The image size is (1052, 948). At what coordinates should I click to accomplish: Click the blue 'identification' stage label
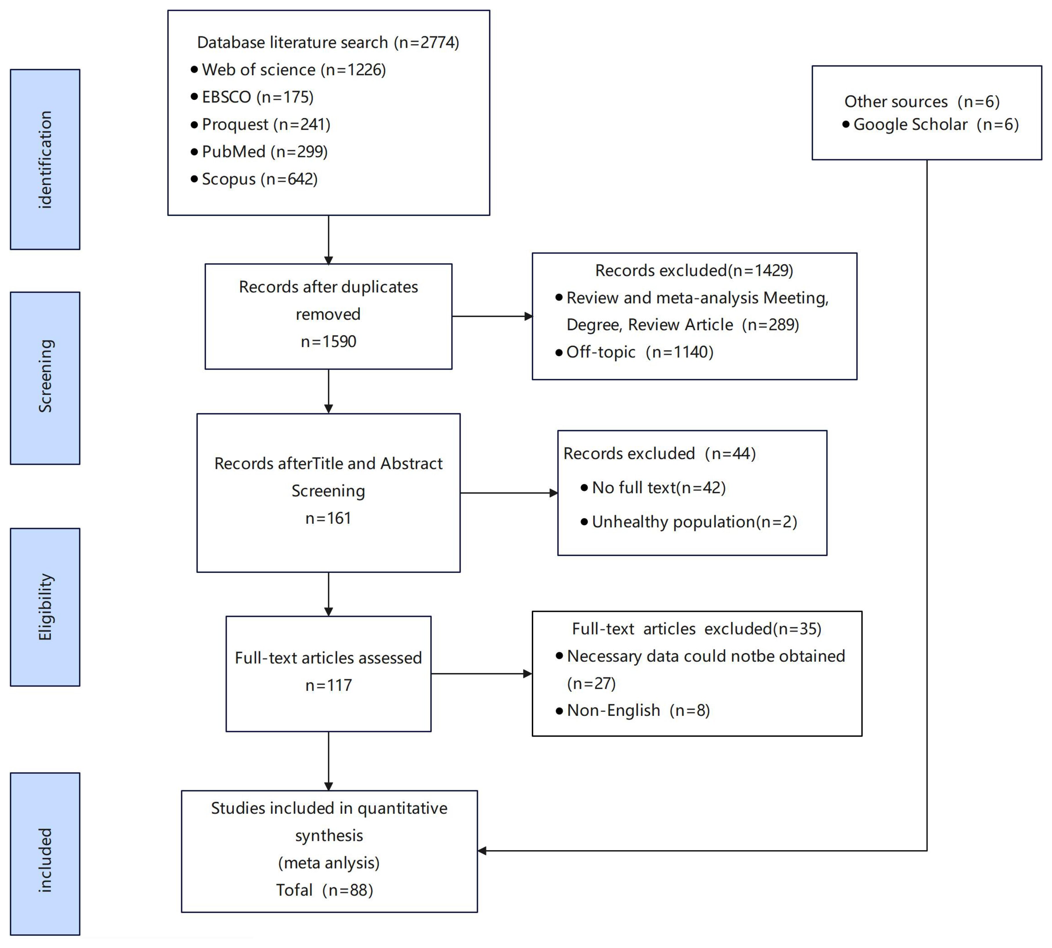click(x=45, y=159)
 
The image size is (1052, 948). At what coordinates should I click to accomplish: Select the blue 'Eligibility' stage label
click(x=45, y=607)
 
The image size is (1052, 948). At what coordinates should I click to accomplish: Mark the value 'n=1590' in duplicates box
click(x=328, y=342)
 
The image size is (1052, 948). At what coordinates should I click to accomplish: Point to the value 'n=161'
click(x=328, y=518)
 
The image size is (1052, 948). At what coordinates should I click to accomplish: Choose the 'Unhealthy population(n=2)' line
click(x=694, y=522)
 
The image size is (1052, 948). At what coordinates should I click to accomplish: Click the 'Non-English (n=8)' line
click(x=638, y=710)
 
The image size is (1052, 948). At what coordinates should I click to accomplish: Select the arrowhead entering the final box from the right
click(x=482, y=851)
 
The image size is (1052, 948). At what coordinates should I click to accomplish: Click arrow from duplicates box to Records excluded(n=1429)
click(x=492, y=316)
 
